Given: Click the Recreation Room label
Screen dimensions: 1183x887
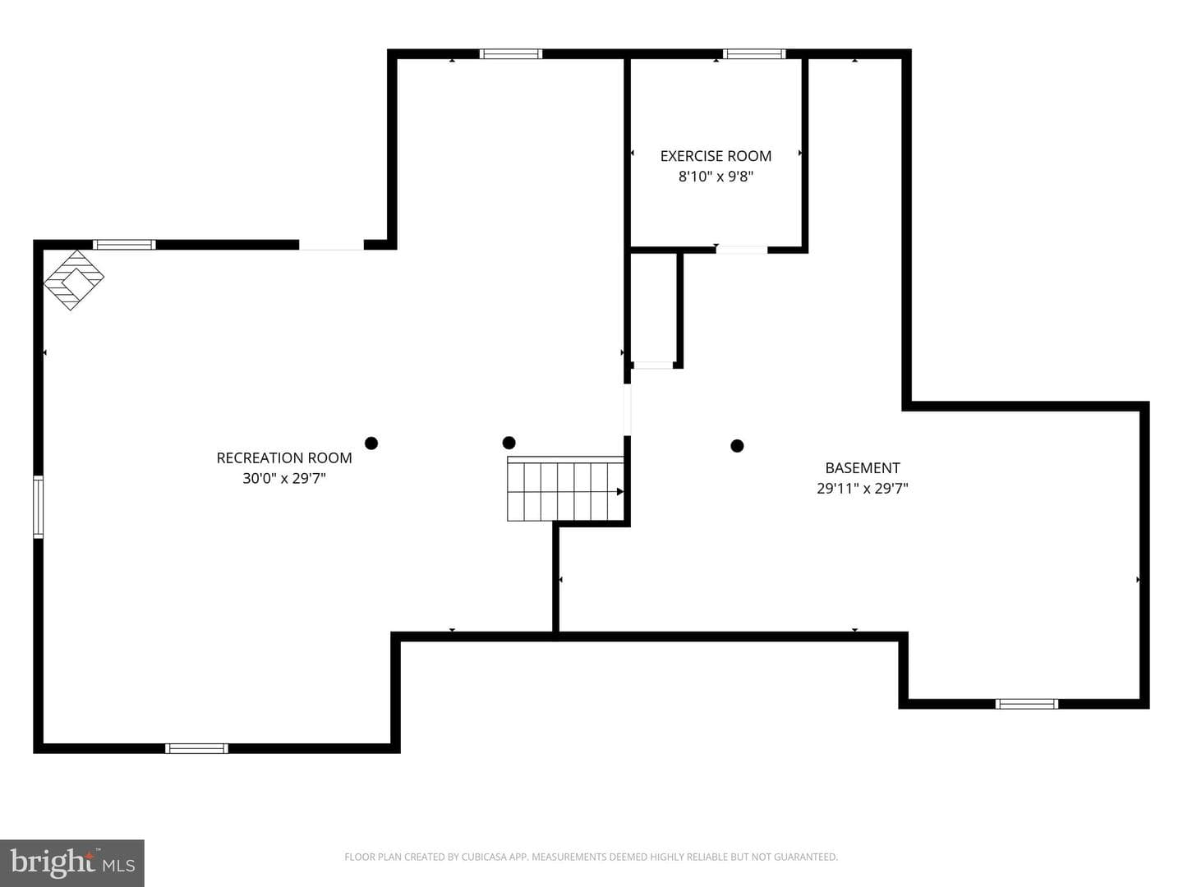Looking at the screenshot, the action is click(284, 457).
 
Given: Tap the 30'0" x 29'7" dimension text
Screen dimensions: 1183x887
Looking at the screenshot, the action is click(284, 478).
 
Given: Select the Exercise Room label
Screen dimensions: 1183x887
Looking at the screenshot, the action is click(716, 156).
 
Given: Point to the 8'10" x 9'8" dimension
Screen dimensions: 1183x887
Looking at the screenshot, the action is click(716, 177).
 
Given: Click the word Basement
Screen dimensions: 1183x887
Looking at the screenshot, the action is click(863, 468).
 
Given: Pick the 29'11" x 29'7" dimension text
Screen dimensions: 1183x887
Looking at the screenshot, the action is click(863, 489).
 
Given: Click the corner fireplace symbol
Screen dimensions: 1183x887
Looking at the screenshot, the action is click(74, 280).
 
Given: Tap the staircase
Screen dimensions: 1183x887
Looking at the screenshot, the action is click(566, 489).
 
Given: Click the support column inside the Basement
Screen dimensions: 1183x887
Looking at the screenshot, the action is click(737, 446).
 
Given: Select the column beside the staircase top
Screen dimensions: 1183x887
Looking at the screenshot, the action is click(509, 443).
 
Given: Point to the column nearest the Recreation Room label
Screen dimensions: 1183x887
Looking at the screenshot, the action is click(371, 443).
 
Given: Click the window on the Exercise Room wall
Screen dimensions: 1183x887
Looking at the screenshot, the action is click(754, 54).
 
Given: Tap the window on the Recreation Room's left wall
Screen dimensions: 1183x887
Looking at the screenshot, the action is click(39, 507).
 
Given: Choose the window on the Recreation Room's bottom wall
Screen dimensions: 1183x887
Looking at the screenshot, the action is click(196, 748).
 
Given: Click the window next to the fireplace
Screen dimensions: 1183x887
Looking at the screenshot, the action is click(125, 245).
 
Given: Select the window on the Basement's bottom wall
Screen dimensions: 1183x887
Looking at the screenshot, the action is click(1027, 704).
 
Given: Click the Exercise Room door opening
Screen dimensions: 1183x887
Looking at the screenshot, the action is click(742, 250).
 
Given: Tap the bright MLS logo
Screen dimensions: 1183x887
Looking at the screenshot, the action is click(72, 862).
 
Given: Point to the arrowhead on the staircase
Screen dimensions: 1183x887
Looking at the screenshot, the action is click(620, 492).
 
